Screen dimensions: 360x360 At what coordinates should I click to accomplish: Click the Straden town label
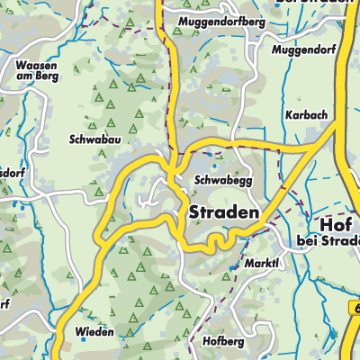[224, 212]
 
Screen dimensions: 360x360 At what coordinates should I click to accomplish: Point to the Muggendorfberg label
[222, 21]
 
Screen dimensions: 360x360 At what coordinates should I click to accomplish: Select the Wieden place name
[95, 332]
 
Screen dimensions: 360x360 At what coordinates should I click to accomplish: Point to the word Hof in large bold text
[321, 224]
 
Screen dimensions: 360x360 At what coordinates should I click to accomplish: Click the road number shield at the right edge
[352, 308]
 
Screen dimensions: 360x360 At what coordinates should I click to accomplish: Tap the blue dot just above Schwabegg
[214, 166]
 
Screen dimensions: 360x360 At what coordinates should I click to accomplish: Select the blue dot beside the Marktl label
[232, 267]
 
